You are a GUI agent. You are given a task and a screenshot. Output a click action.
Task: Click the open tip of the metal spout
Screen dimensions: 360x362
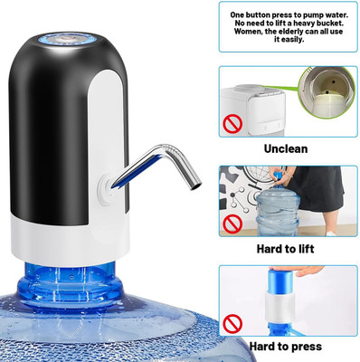pos(196,186)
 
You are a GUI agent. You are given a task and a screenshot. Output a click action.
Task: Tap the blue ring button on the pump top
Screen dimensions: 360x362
pos(66,40)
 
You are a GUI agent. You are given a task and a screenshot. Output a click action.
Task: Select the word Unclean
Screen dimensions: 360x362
pos(286,148)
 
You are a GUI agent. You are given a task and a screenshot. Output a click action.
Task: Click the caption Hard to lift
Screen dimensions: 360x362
pos(285,249)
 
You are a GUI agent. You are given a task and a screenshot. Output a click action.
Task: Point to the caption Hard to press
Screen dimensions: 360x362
pos(286,347)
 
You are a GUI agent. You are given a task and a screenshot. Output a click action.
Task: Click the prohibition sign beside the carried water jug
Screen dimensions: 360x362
pos(232,224)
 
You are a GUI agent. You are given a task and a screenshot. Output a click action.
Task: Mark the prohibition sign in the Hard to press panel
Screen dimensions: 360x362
pos(232,323)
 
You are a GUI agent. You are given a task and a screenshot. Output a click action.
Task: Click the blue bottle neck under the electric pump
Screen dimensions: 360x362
pos(71,282)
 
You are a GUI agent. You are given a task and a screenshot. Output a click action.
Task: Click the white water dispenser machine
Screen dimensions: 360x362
pos(253,110)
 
